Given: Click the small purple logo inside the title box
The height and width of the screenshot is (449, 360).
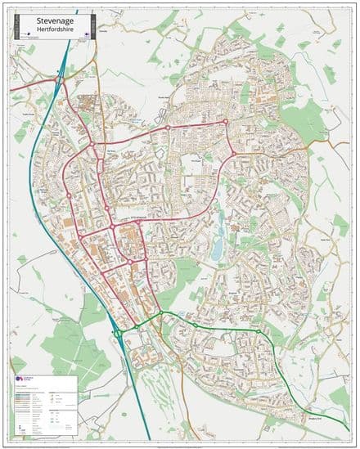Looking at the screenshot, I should click(26, 35).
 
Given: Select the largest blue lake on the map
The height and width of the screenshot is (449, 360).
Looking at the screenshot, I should click(216, 249).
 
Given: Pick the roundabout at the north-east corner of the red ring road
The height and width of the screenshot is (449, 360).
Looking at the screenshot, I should click(226, 122).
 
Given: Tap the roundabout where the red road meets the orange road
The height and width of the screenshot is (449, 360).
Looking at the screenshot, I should click(232, 153).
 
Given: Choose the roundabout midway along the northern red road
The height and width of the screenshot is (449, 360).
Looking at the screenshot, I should click(167, 128).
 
